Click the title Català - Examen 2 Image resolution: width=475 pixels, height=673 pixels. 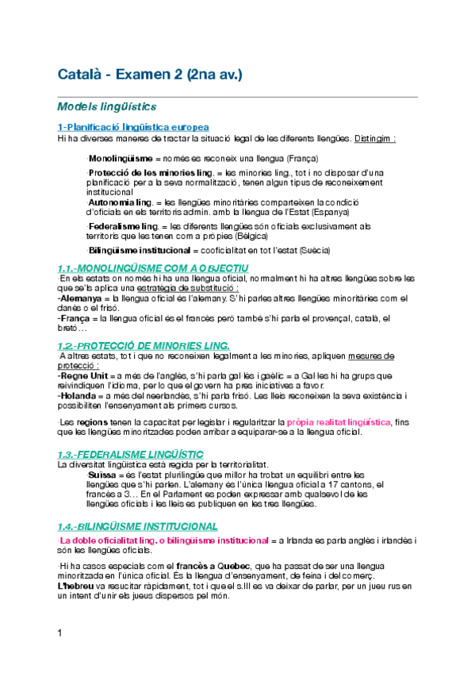pyautogui.click(x=149, y=75)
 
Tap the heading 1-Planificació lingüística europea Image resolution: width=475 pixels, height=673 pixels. pyautogui.click(x=133, y=127)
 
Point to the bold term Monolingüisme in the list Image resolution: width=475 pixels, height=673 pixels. pyautogui.click(x=120, y=159)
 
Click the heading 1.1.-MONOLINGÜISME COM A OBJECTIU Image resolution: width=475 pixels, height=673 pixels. pyautogui.click(x=152, y=268)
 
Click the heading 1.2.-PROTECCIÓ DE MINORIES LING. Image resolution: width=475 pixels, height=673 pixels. pyautogui.click(x=144, y=345)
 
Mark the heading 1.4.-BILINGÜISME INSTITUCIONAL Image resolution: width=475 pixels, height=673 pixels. pyautogui.click(x=137, y=526)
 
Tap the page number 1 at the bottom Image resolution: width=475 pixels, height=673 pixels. pyautogui.click(x=59, y=655)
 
